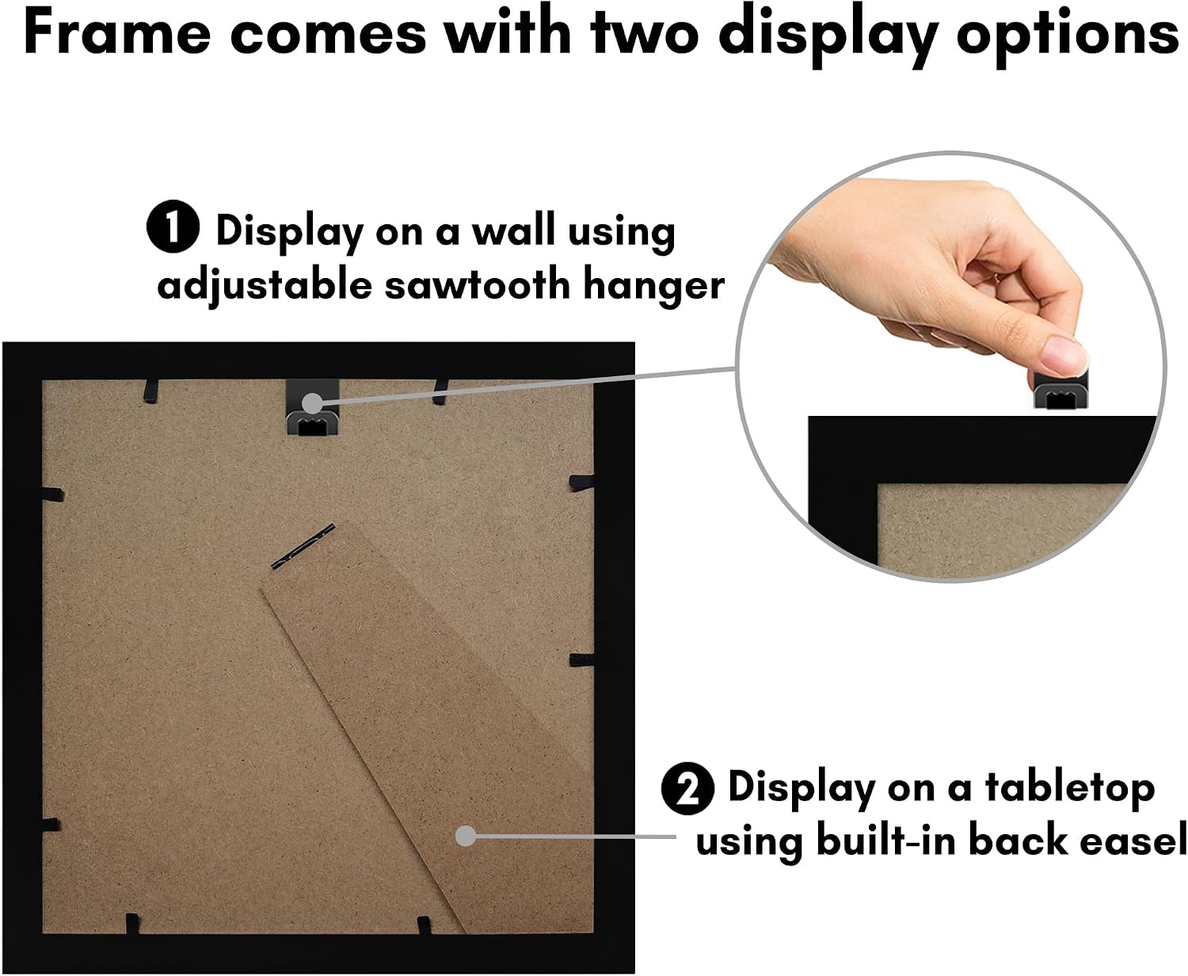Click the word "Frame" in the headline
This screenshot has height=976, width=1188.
coord(117,32)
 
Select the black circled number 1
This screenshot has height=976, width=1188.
coord(173,227)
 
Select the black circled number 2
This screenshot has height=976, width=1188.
coord(687,788)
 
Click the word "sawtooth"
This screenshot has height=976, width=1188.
coord(478,284)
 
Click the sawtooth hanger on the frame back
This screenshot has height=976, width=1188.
coord(312,407)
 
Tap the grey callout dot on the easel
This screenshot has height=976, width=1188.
coord(466,837)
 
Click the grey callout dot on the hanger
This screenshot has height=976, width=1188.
coord(312,403)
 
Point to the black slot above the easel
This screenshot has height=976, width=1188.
coord(303,547)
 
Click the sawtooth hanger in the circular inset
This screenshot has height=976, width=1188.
coord(1060,390)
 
